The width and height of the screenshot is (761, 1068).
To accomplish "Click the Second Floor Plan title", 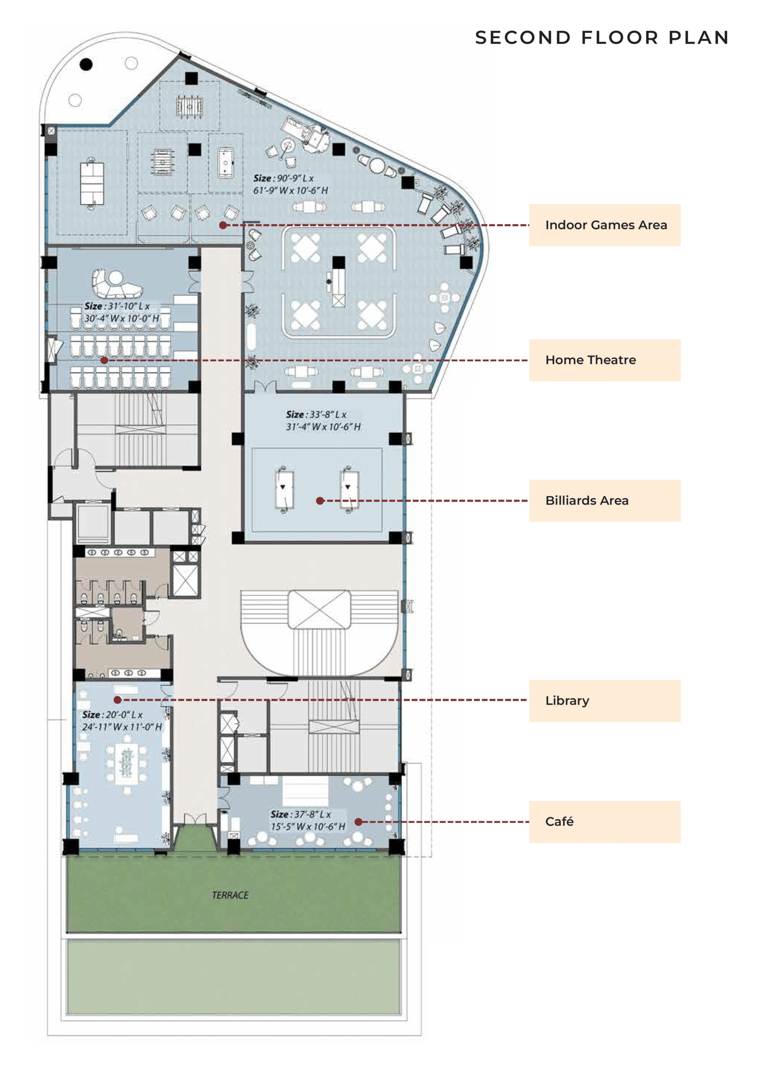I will tap(602, 38).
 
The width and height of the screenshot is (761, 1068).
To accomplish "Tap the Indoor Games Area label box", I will tap(605, 225).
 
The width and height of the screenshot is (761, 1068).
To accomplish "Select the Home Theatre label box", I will tap(605, 360).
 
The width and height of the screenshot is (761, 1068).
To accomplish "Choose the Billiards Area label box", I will tap(605, 500).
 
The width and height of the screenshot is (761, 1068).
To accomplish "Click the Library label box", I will tap(605, 700).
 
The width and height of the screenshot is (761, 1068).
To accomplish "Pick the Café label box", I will tap(605, 822).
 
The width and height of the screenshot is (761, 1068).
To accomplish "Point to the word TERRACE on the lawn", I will tap(230, 895).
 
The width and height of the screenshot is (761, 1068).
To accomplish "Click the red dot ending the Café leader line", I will tap(359, 822).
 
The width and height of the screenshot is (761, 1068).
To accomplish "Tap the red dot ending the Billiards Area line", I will tap(320, 501).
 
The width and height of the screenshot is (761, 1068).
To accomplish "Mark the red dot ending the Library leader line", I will tap(117, 700).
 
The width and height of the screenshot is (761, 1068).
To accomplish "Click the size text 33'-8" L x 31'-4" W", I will tap(323, 420).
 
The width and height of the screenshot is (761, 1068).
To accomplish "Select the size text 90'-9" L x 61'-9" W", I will tap(291, 184).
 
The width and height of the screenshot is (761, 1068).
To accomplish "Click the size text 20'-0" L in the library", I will tap(122, 720).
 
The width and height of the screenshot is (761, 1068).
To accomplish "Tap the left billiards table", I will tap(284, 489).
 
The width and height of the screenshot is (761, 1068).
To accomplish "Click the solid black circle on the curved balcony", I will tap(86, 64).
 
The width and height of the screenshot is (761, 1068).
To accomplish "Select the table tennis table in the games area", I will tap(92, 183).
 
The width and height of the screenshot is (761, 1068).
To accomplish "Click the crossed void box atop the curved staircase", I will tap(319, 609).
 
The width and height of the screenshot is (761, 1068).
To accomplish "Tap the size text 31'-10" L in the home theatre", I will tap(122, 312).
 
